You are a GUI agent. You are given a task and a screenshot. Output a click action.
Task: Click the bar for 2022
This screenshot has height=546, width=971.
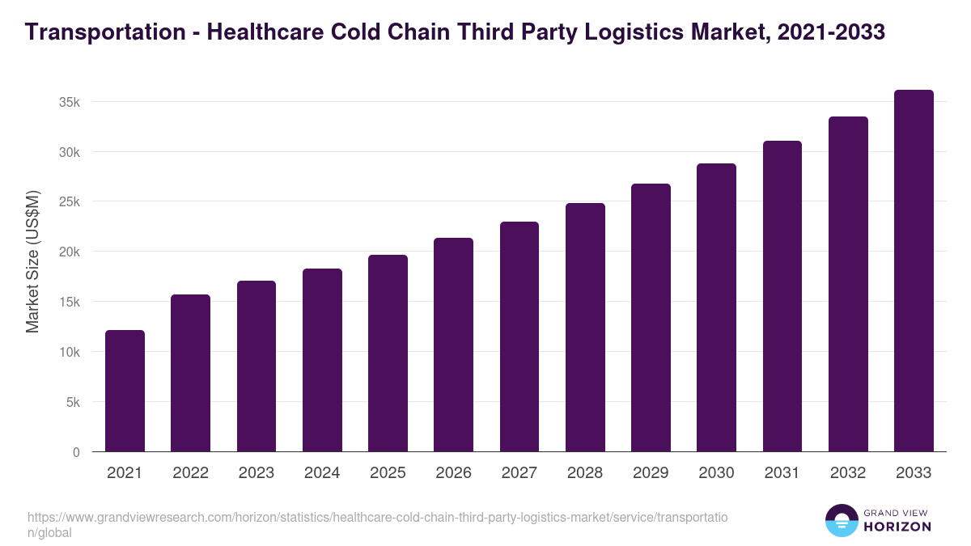point(190,373)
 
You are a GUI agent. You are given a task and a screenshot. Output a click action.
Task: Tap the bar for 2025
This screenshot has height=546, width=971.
point(388,353)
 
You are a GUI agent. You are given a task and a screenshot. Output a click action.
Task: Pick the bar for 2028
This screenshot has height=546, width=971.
point(585,328)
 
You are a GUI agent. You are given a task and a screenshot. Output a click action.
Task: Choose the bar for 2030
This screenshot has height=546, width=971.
point(716,307)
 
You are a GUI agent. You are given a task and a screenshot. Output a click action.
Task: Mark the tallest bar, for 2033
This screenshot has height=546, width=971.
point(914,271)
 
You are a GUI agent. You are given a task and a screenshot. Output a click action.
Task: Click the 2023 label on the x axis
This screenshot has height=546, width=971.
point(256,473)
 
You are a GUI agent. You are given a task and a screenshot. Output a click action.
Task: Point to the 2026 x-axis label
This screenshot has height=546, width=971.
point(453,473)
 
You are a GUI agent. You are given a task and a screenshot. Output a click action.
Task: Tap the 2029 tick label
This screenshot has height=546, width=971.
point(651,473)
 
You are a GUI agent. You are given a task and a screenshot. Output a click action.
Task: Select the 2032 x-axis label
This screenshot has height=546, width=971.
point(848,473)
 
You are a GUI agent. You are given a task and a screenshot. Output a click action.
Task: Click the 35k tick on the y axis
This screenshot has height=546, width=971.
point(70,103)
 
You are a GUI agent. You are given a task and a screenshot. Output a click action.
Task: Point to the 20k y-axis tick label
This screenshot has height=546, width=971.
point(70,252)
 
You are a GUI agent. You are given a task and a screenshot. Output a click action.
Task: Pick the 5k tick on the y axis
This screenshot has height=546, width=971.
point(73,403)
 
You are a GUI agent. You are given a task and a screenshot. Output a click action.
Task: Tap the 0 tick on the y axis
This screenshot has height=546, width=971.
point(76,453)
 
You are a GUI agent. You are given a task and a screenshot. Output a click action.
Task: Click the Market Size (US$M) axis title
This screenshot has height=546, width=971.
point(32,261)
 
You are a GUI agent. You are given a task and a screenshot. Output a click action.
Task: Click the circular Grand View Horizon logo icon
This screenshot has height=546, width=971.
point(841,521)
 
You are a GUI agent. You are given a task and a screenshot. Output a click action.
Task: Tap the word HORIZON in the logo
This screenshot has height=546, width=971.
point(897,527)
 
